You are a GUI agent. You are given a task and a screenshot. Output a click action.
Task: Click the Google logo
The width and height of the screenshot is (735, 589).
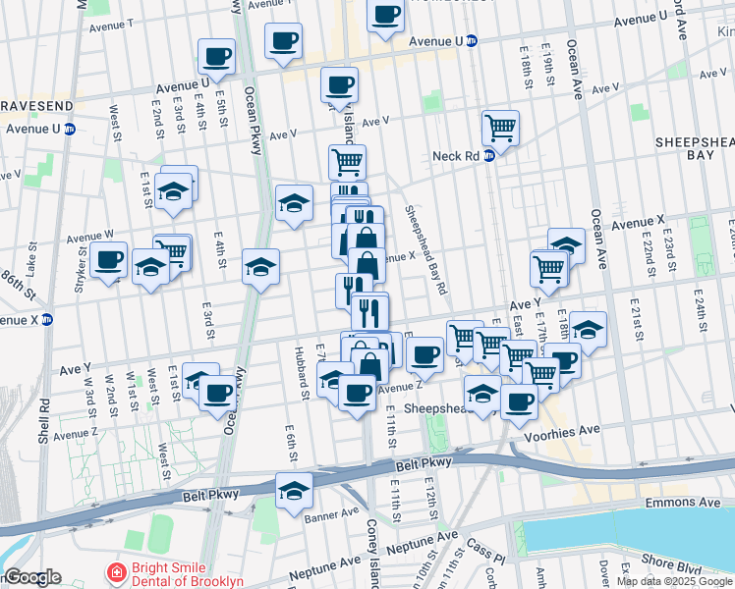(x=31, y=577)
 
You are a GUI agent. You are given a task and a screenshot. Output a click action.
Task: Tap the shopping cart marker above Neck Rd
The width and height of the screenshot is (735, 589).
(x=501, y=129)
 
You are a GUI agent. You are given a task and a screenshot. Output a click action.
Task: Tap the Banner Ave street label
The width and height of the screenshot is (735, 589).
(x=331, y=513)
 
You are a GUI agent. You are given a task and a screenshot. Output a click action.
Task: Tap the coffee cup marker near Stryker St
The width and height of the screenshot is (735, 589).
(x=110, y=260)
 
